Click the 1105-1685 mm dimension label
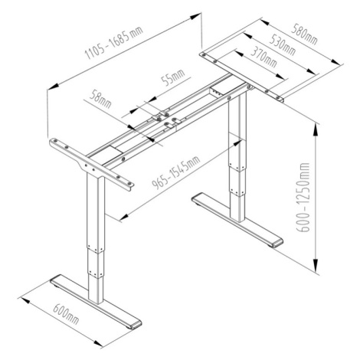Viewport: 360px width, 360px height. pos(114,42)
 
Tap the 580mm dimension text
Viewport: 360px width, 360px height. pos(305,34)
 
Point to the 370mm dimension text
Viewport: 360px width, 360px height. pos(263,57)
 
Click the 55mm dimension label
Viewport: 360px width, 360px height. pos(173,78)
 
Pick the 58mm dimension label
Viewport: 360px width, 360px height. pos(100,98)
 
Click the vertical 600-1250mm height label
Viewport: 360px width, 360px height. pos(303,197)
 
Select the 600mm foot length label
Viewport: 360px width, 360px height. pos(66,313)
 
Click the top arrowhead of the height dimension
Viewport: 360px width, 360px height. pos(316,131)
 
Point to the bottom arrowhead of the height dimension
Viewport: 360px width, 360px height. pos(316,267)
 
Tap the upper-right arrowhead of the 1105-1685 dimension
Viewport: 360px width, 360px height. pos(195,17)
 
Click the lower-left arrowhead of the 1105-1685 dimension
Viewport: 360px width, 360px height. pos(54,87)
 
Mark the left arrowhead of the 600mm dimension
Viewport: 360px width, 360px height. pos(27,301)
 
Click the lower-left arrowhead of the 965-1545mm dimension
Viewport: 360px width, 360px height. pos(124,217)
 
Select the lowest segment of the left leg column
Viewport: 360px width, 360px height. pos(97,289)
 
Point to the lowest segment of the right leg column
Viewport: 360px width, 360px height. pos(238,208)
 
